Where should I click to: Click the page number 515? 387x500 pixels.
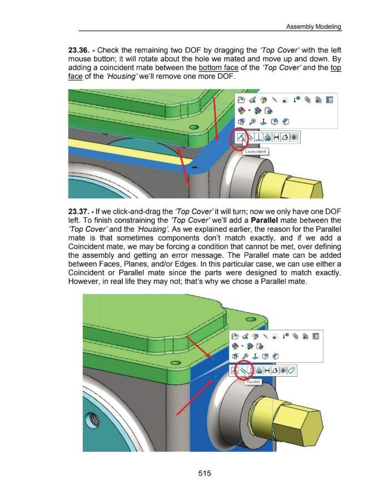(205, 473)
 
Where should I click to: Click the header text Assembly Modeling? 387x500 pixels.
(313, 27)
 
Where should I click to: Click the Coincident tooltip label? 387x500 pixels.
(255, 152)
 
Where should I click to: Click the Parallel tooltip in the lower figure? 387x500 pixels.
(254, 382)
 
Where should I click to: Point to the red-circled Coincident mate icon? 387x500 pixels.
(241, 137)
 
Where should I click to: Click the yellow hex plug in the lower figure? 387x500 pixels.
(287, 418)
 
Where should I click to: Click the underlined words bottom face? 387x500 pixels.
(218, 68)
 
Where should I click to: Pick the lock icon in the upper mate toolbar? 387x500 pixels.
(267, 137)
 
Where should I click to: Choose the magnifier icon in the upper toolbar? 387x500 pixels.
(252, 122)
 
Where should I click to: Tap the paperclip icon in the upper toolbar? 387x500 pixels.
(307, 100)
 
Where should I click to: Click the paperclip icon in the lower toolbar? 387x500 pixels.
(295, 337)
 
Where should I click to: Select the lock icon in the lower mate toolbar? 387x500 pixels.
(259, 371)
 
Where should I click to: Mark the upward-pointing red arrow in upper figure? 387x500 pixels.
(183, 167)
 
